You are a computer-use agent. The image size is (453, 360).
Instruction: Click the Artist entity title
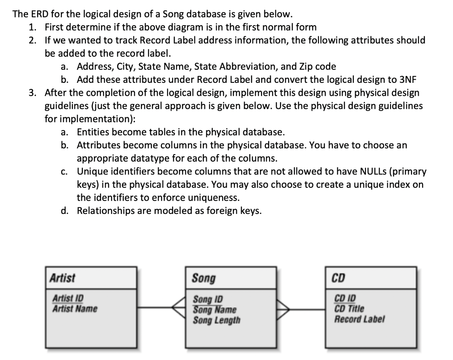tap(62, 278)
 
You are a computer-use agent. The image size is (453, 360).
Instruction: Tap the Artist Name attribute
tap(75, 308)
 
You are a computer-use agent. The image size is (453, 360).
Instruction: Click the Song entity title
tap(204, 278)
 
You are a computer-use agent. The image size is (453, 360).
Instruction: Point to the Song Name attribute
tap(214, 309)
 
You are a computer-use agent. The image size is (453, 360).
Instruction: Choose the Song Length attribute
tap(216, 319)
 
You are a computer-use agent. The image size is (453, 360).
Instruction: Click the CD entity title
tap(338, 278)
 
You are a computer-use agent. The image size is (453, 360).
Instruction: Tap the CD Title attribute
tap(349, 309)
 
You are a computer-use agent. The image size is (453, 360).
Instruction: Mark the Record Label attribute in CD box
tap(359, 319)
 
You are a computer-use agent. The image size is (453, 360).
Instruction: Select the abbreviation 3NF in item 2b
tap(409, 80)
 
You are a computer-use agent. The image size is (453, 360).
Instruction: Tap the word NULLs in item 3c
tap(371, 171)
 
